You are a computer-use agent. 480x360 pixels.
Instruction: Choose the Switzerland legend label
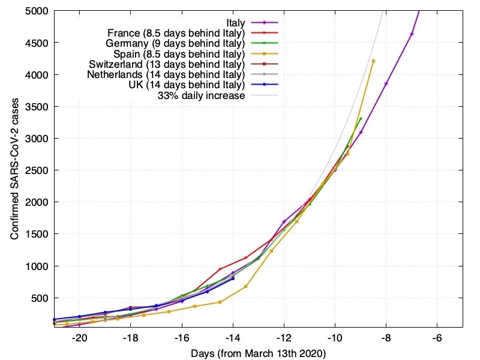point(167,64)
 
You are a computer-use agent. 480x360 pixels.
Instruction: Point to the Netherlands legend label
point(166,74)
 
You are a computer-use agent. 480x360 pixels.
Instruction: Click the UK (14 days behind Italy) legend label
point(179,85)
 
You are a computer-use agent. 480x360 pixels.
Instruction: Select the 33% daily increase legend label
point(201,95)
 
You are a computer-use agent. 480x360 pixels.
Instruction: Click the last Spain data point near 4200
point(373,61)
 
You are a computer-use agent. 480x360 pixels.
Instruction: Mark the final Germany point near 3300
point(361,118)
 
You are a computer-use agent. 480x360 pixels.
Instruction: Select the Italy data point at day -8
point(386,83)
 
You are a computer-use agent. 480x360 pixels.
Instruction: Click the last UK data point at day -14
point(233,278)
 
